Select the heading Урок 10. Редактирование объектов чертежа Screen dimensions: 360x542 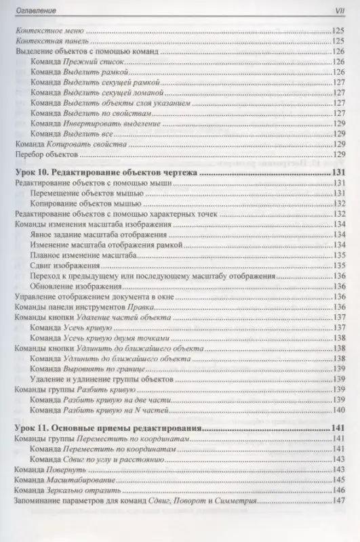tap(106, 173)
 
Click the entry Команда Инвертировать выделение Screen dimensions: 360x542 tap(96, 125)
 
